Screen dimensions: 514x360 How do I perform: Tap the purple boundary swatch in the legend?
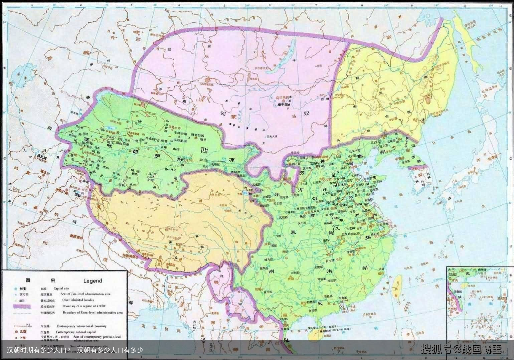[x=22, y=306]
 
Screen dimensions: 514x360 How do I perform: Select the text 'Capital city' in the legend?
[x=61, y=288]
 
